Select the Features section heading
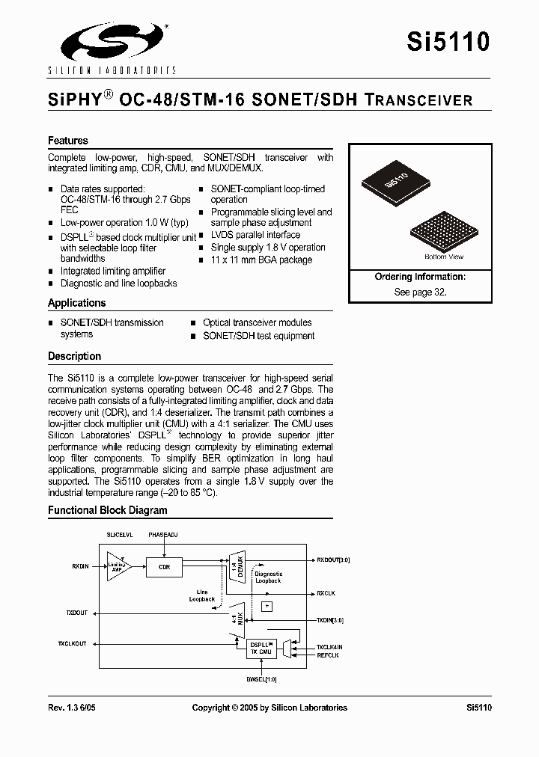(68, 141)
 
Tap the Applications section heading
(76, 303)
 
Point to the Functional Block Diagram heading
(108, 510)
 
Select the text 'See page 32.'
(420, 292)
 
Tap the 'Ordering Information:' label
(420, 277)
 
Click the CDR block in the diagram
(164, 567)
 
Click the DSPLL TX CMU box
(261, 649)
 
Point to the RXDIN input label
(80, 567)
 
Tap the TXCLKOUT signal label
(73, 644)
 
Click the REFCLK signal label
(328, 655)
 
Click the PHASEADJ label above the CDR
(164, 536)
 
